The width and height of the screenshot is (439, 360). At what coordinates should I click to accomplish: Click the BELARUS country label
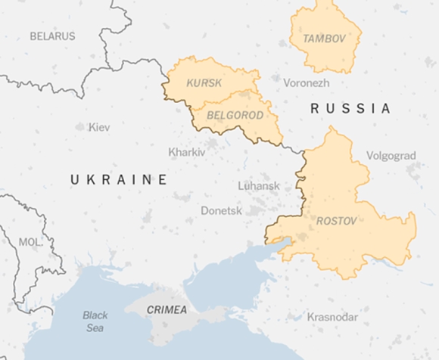(52, 36)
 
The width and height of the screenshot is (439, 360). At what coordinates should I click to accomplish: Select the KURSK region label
(204, 82)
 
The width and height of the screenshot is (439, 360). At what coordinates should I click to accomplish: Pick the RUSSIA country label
(350, 109)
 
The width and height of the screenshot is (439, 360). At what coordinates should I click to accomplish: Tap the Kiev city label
(99, 127)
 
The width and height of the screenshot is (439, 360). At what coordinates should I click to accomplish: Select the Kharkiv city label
(186, 152)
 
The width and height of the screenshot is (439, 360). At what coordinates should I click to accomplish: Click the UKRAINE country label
(119, 179)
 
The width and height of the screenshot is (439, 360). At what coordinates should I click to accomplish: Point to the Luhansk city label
(259, 185)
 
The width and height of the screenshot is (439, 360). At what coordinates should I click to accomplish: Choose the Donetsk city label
(221, 210)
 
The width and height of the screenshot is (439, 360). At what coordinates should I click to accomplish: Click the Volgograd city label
(391, 156)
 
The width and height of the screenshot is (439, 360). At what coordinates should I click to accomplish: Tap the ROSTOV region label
(336, 221)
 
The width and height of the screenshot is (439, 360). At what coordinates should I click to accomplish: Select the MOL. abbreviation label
(30, 241)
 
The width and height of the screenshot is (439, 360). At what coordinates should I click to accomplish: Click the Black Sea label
(95, 321)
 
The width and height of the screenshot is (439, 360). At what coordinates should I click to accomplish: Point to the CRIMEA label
(167, 310)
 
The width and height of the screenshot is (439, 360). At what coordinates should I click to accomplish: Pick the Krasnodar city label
(332, 317)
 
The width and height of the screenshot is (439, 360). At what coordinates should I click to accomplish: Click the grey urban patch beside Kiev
(80, 127)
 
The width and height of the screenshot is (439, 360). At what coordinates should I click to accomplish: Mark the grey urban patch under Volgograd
(413, 172)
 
